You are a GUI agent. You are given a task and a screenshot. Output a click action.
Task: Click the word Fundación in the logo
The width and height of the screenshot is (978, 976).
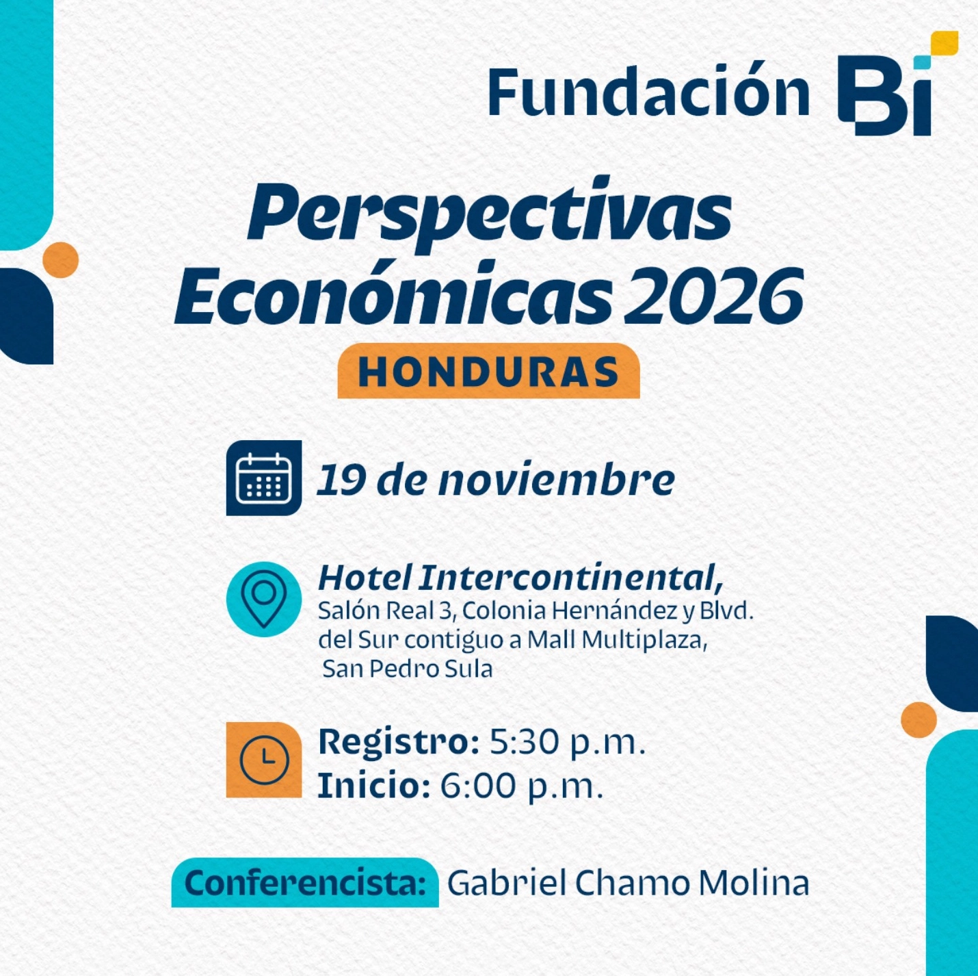tap(648, 92)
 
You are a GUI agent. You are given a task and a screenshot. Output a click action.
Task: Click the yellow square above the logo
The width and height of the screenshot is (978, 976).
tap(944, 42)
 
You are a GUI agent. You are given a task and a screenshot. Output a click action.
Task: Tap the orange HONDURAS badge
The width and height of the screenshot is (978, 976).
tap(488, 372)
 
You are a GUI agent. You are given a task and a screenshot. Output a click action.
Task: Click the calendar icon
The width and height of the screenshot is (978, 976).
tap(264, 478)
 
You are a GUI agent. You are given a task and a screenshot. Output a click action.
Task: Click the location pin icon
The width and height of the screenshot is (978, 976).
tap(264, 599)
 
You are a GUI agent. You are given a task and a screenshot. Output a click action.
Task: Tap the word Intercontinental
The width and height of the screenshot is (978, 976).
tap(570, 578)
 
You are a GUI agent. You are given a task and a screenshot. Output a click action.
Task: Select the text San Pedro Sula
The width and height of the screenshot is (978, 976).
tap(407, 669)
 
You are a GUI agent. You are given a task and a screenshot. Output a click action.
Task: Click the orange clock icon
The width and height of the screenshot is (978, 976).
tap(264, 760)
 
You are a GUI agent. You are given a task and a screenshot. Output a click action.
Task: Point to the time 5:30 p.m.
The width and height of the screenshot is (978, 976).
tap(568, 743)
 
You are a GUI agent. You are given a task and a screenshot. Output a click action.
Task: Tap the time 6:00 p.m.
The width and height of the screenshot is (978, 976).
tap(521, 786)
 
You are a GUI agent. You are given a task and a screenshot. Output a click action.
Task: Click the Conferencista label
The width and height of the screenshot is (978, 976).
tap(305, 883)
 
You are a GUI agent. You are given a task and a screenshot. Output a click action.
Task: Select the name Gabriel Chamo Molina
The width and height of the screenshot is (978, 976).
tap(628, 883)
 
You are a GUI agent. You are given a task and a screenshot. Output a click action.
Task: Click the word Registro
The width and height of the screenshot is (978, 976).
tap(398, 743)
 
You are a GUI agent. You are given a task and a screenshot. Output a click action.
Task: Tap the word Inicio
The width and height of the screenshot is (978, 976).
tap(373, 786)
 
